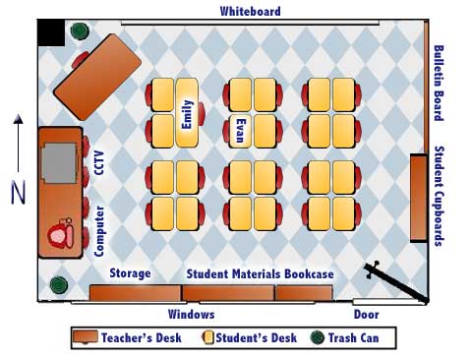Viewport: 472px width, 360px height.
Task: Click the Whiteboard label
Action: [250, 11]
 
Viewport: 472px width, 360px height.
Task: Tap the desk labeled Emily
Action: [188, 113]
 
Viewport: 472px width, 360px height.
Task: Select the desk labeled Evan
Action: [240, 129]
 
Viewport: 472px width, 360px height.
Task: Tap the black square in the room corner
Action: [50, 33]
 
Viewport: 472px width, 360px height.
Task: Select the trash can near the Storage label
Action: [58, 285]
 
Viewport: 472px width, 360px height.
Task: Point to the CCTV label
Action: [99, 161]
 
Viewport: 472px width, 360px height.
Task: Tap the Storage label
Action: [130, 272]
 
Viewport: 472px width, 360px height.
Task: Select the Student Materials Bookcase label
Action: [261, 272]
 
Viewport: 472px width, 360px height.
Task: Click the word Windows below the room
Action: [191, 315]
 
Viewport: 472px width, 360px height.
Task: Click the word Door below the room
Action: [366, 315]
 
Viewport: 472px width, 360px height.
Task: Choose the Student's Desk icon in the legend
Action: [209, 338]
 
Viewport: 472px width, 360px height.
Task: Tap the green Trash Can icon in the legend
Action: [318, 338]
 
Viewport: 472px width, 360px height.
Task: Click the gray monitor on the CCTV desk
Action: [59, 158]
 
